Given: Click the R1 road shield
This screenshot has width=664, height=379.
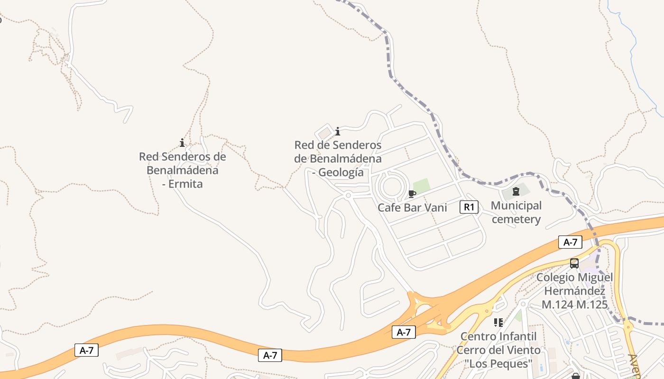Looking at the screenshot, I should (469, 207).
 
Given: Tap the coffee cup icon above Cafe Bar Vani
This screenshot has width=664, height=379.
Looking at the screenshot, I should (412, 194).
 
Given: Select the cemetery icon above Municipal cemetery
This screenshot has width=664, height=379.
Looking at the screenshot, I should (516, 192).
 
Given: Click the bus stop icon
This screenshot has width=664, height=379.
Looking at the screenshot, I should (574, 263).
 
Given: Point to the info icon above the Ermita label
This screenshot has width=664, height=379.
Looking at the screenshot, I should (182, 143).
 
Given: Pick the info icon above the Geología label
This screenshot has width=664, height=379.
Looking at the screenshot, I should (338, 131).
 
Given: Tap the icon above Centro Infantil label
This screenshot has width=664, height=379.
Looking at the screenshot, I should (498, 323).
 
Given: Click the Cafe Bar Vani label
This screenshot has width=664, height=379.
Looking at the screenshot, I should (412, 208).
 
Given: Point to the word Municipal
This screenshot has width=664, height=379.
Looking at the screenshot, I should (516, 206).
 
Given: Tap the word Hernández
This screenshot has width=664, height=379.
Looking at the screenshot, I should (574, 291).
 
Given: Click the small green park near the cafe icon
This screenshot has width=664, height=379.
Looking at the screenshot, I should (421, 185).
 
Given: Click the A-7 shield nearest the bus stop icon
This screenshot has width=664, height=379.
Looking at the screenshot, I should (570, 242).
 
